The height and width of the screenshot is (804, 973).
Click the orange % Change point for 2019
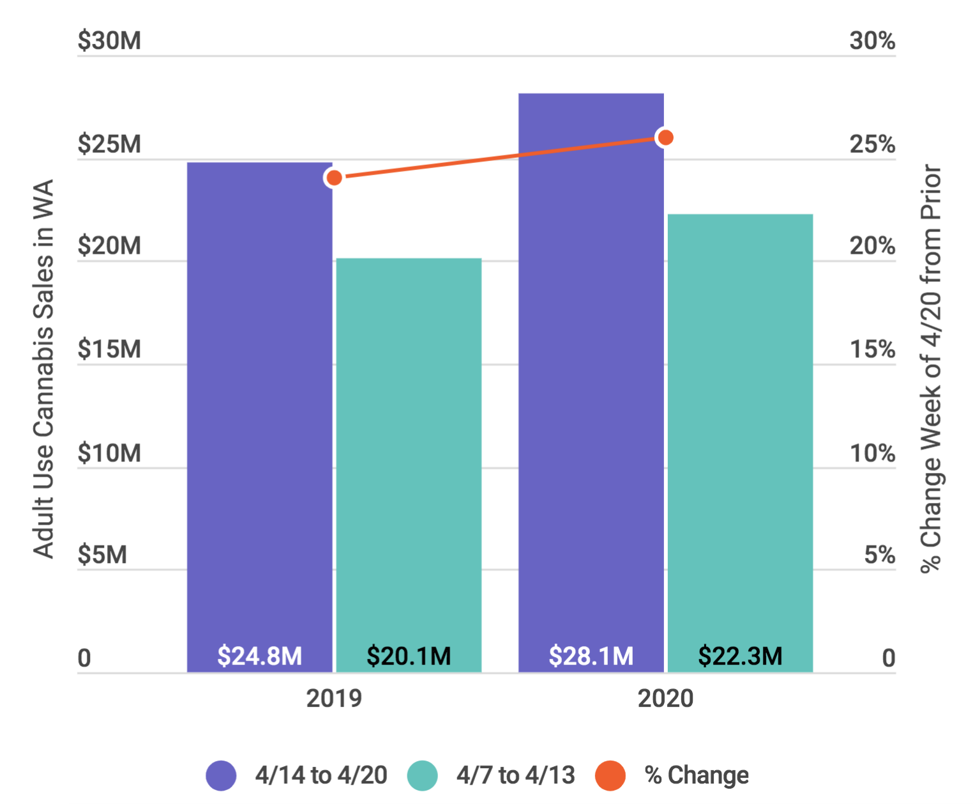click(333, 178)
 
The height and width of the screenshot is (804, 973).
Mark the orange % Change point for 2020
click(665, 137)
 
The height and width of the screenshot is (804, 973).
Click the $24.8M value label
click(259, 656)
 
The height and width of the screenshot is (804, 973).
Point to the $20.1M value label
click(409, 656)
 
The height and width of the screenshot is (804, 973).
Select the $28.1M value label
click(591, 656)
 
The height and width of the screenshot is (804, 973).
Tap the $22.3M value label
click(740, 656)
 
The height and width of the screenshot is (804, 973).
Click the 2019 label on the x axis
click(333, 699)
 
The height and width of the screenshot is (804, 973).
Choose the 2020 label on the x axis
click(665, 699)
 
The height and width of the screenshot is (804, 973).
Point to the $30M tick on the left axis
click(109, 41)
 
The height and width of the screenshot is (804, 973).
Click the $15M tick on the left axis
click(109, 350)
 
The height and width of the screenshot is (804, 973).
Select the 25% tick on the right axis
click(872, 144)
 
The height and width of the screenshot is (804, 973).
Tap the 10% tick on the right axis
click(872, 454)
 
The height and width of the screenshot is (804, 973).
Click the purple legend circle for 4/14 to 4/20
click(221, 776)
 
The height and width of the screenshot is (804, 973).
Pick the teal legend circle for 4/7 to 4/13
click(422, 776)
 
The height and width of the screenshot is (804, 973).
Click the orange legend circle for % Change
click(610, 776)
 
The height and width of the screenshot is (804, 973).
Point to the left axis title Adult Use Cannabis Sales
click(43, 369)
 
